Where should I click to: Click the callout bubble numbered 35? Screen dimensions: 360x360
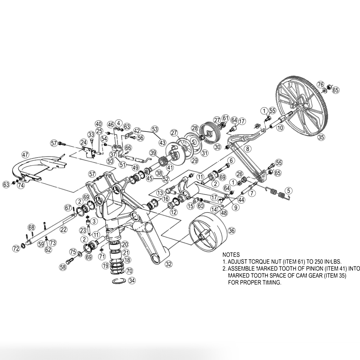pos(321,138)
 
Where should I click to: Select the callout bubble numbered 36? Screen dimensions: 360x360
pos(232,231)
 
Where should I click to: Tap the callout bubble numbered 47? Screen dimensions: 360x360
pos(25,155)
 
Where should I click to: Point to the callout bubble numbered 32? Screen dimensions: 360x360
pos(169,264)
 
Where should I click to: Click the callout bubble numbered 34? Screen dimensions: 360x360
pos(132,281)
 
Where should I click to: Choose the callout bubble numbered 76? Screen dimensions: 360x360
pos(321,84)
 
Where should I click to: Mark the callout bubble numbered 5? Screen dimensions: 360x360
pos(288,191)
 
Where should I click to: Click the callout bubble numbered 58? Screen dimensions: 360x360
pos(63,267)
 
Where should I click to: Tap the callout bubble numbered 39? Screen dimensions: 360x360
pos(154,153)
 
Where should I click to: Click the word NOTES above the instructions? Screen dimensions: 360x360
pos(231,255)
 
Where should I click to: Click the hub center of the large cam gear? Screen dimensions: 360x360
pos(300,109)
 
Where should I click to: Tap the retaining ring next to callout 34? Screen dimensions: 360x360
pos(119,281)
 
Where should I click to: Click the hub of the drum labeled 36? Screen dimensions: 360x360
pos(202,237)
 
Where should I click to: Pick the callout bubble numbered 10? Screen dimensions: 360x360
pos(280,128)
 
